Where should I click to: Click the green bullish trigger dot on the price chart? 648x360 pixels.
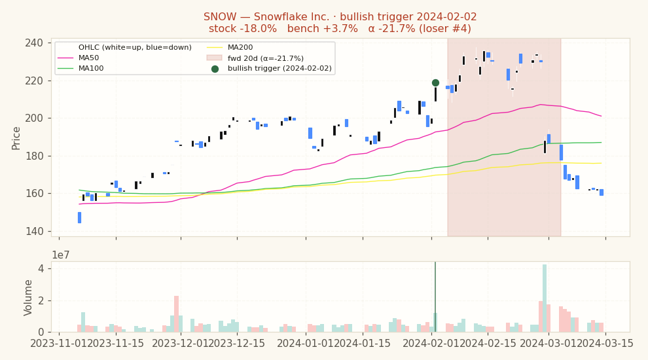tap(435, 82)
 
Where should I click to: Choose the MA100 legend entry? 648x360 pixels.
tap(80, 68)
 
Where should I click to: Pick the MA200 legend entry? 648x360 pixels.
tap(229, 48)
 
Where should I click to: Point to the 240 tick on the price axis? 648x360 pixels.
tap(34, 43)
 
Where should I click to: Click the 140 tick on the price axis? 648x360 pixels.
tap(34, 232)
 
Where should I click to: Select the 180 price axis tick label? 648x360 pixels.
tap(34, 156)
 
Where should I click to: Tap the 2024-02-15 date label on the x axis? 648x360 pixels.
tap(488, 344)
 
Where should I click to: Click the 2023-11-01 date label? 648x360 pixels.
tap(59, 344)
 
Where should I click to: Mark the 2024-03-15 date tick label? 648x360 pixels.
tap(605, 344)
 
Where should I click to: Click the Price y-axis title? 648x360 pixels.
tap(16, 139)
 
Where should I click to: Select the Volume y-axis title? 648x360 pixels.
tap(27, 298)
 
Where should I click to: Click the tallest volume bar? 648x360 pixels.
tap(545, 298)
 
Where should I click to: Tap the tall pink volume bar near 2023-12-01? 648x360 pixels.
tap(177, 314)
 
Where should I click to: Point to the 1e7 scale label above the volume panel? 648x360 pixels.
tap(60, 255)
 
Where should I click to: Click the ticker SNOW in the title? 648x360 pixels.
tap(220, 17)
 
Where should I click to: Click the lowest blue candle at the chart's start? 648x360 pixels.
tap(79, 217)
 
